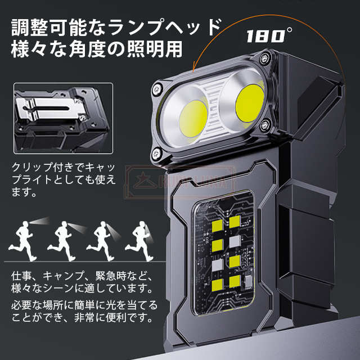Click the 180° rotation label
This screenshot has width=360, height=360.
(269, 35)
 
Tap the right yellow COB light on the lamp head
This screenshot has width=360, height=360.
(250, 102)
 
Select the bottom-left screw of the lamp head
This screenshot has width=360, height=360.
(157, 152)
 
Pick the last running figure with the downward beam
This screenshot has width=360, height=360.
(139, 241)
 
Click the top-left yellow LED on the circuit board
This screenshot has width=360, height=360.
(217, 226)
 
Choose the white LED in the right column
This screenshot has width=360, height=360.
(235, 242)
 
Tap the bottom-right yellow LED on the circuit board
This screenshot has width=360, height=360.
(235, 281)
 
